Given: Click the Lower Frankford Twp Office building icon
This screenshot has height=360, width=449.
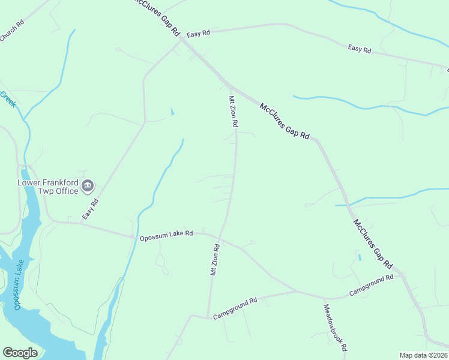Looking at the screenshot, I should click(88, 186).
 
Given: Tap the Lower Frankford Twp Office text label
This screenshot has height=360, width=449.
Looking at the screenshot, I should click(48, 187).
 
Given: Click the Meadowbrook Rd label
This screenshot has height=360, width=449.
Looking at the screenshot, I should click(336, 328).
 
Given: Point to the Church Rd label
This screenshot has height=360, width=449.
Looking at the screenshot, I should click(12, 31).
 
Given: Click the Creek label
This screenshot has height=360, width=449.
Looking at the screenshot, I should click(8, 99).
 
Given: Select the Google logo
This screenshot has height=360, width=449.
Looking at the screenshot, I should click(20, 352).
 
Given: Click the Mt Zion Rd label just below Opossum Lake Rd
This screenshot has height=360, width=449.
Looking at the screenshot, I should click(214, 259).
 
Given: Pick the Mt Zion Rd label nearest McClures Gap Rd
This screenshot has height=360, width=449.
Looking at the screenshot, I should click(233, 112).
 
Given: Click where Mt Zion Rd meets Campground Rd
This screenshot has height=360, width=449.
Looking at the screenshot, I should click(208, 317).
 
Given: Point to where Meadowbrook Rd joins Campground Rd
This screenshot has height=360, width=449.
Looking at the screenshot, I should click(325, 299).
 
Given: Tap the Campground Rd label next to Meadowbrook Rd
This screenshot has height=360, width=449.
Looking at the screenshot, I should click(371, 286).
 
